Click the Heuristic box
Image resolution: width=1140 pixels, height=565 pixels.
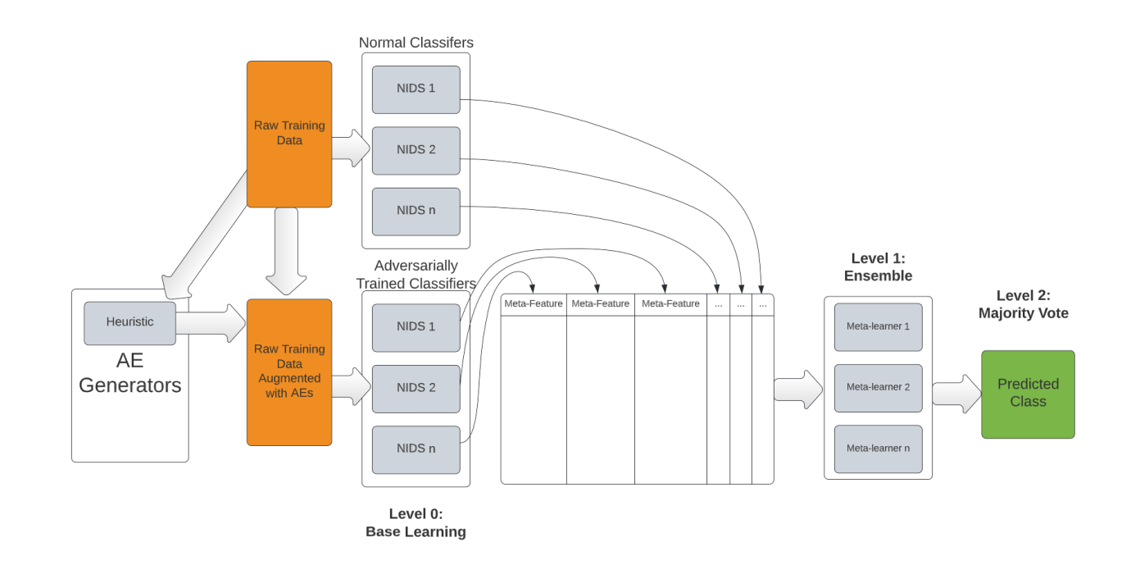(129, 323)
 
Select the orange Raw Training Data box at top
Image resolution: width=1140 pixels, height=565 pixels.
(289, 134)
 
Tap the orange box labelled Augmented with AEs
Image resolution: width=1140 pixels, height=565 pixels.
(289, 372)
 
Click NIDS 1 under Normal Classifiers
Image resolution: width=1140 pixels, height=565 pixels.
(416, 89)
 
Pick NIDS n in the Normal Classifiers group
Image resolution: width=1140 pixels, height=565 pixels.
(416, 212)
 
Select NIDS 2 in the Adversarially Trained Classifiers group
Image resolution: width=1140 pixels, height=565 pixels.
(416, 389)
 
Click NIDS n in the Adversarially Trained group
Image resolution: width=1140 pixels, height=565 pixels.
(416, 450)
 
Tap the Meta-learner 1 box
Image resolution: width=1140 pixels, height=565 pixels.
(878, 327)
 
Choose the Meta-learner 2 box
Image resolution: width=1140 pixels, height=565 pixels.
(878, 388)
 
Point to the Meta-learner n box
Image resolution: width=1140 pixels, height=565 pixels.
(878, 449)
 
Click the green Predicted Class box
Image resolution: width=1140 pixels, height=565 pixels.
(1028, 394)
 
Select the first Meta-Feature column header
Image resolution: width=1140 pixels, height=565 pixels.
(534, 304)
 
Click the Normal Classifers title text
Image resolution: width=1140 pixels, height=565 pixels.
(416, 43)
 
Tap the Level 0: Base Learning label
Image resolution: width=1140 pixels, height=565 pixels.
(416, 522)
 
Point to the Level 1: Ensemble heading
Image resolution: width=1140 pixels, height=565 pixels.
(878, 267)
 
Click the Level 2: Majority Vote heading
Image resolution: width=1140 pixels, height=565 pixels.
(1023, 304)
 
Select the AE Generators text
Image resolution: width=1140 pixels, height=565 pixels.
(129, 373)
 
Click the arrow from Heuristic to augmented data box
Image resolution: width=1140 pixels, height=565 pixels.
(211, 323)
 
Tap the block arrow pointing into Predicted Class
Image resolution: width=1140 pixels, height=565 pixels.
(956, 394)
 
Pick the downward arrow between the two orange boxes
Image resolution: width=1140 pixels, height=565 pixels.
(286, 251)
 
